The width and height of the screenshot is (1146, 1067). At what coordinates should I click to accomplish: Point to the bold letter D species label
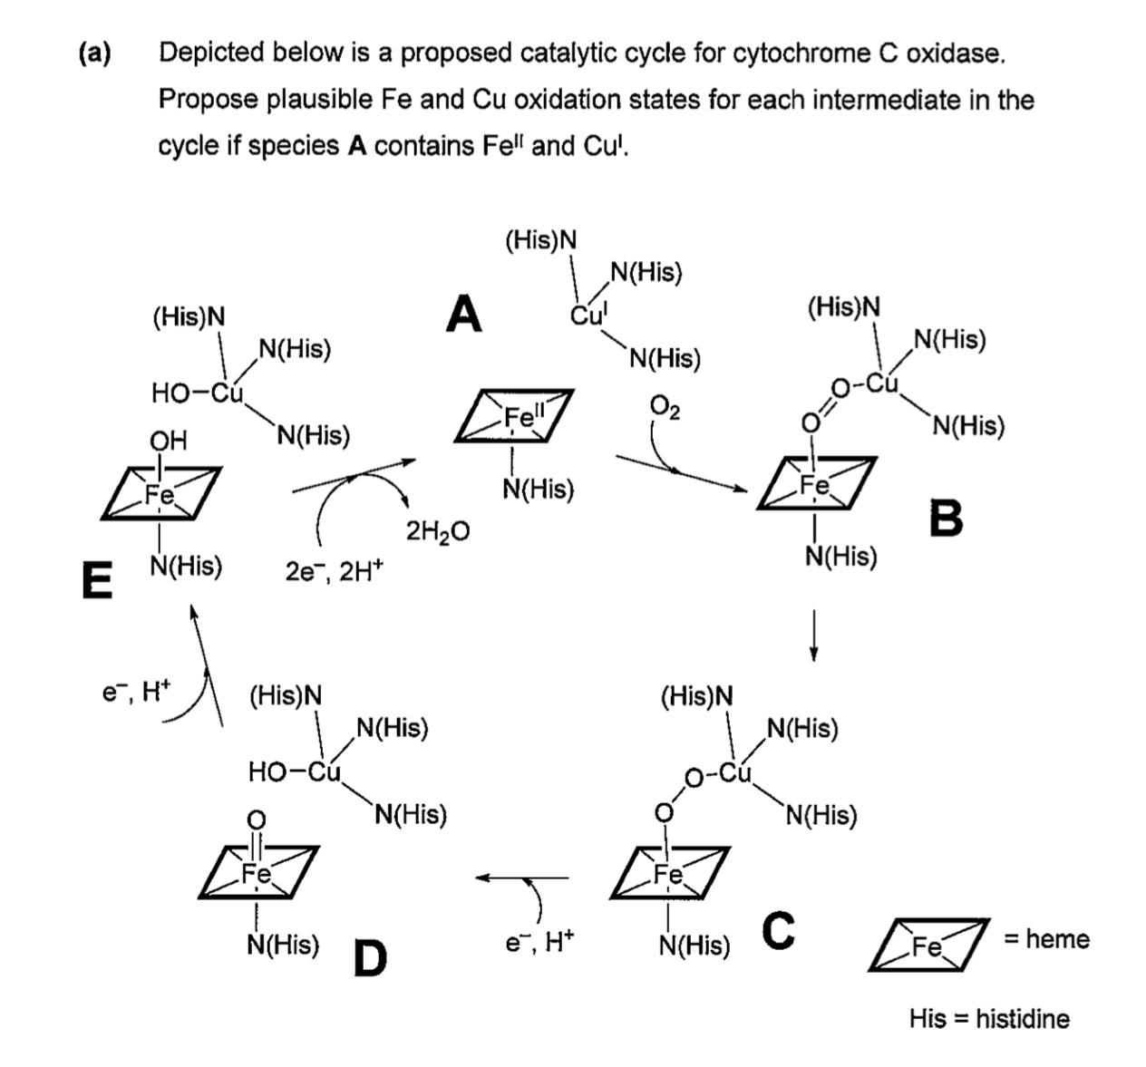tap(369, 957)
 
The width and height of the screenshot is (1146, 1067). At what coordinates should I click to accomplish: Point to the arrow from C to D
tap(523, 878)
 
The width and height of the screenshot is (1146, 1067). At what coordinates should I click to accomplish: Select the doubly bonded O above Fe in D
tap(257, 820)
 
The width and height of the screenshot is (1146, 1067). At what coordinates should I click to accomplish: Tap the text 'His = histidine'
tap(988, 1018)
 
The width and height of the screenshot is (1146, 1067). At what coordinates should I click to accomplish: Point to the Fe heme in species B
tap(817, 486)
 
